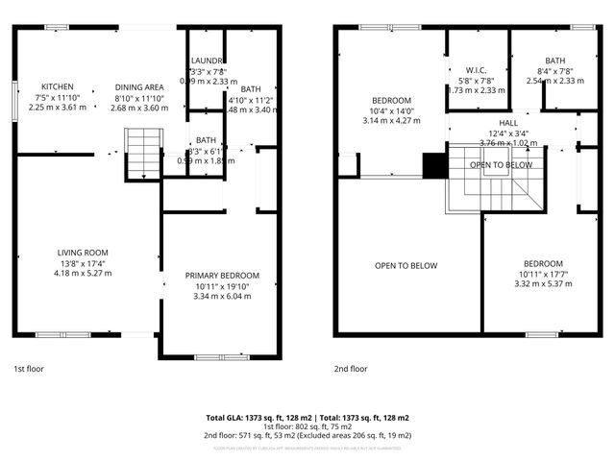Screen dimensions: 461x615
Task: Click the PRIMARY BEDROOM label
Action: pos(222,276)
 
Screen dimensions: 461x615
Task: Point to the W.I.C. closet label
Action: pos(478,69)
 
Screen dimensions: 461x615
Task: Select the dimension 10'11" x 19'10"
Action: pos(222,286)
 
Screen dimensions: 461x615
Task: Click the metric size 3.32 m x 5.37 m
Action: pos(543,283)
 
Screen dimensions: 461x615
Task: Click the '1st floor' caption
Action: pos(28,368)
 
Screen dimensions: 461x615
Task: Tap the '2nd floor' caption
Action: pos(351,368)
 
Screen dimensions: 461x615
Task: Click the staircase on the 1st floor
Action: pos(141,154)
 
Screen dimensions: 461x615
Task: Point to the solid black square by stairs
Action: pos(435,165)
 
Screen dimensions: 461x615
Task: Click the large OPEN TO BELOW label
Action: pos(406,266)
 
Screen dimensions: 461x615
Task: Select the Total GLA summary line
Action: pos(307,418)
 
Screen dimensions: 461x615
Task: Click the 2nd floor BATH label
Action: pos(555,61)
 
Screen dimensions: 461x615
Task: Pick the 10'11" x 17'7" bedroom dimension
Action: pos(543,274)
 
